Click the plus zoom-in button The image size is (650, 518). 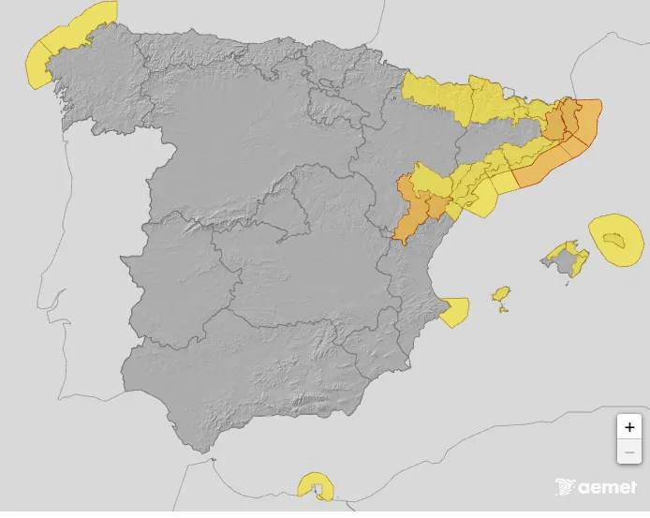(629, 426)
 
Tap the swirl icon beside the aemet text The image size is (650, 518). (565, 487)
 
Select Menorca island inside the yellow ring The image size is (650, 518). (614, 242)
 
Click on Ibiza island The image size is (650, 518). (502, 296)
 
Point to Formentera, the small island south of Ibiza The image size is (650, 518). (505, 310)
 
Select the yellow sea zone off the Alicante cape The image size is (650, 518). (454, 311)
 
